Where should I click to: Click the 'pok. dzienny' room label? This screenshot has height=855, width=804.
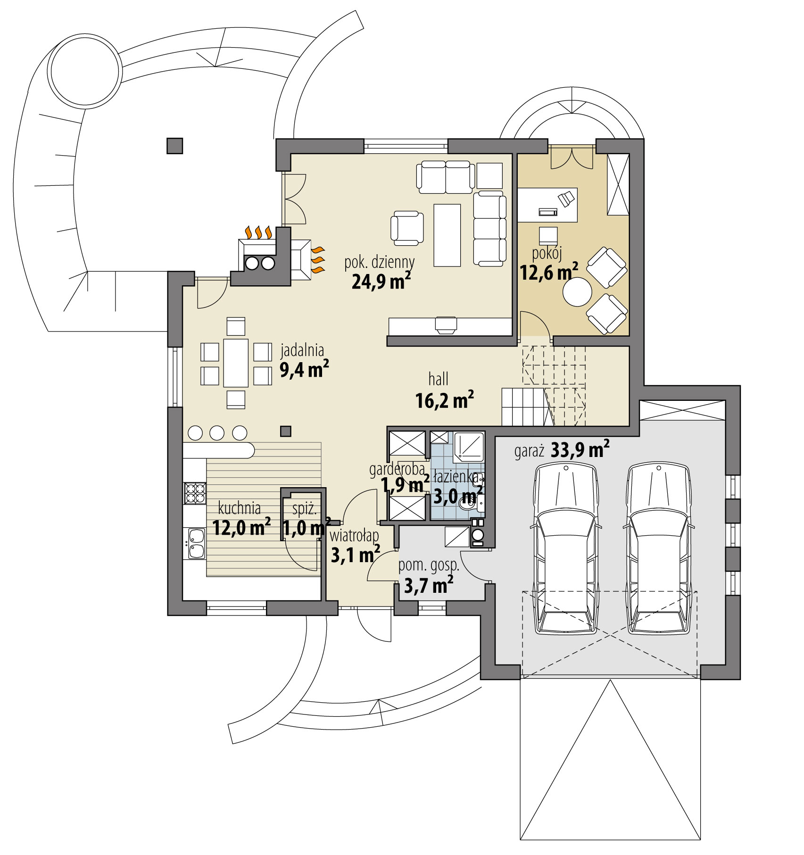pos(379,262)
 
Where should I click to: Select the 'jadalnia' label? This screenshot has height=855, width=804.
pos(302,350)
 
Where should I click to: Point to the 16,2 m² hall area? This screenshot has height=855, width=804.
pos(444,400)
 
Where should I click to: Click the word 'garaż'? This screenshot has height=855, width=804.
pos(529,451)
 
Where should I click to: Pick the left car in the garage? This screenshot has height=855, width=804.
pos(565,548)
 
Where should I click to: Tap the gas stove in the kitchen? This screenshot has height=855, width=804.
pos(195,493)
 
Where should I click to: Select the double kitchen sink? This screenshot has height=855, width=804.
pos(196,543)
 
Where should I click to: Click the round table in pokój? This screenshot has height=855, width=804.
pos(577,293)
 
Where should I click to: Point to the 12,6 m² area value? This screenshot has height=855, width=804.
pos(548,272)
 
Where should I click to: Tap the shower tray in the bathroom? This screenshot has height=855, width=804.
pos(468,447)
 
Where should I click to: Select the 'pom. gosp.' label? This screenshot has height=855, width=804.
pos(429,565)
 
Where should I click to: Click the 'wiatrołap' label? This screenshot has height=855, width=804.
pos(355,536)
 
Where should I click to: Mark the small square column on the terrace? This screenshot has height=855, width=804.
pos(174,146)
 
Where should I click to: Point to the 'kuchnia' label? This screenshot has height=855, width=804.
pos(240,508)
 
